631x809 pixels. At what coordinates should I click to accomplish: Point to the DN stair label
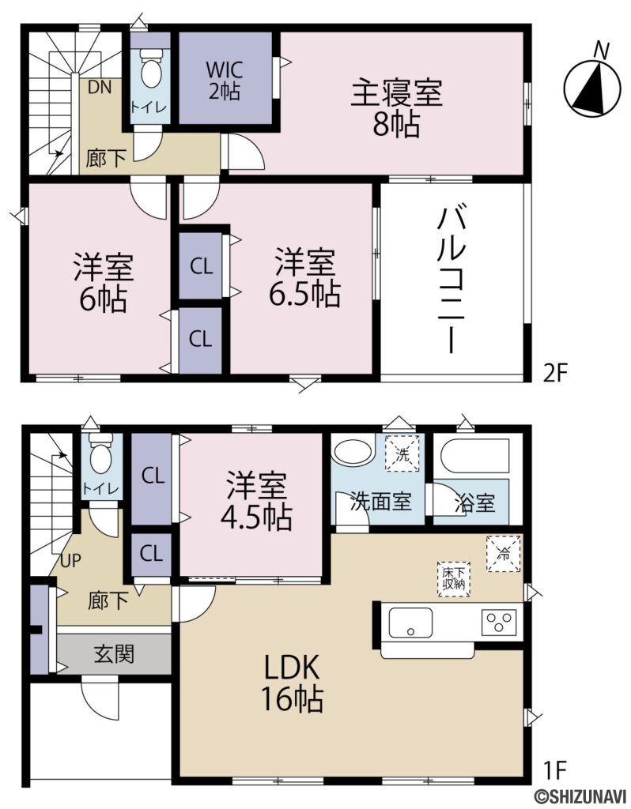click(x=99, y=88)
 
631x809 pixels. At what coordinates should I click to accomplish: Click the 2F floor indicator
click(x=556, y=372)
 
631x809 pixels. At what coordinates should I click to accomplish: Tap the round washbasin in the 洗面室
click(x=350, y=453)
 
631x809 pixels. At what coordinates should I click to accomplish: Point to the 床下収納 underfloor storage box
click(x=452, y=577)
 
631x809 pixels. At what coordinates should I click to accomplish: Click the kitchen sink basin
click(x=409, y=620)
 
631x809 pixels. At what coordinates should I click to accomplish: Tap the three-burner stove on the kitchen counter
click(x=500, y=620)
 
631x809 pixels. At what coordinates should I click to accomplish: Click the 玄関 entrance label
click(x=114, y=654)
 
